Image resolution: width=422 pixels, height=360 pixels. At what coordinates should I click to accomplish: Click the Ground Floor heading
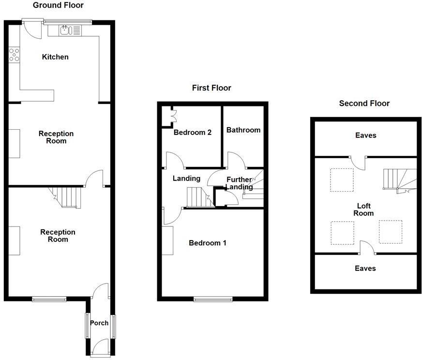(x=58, y=5)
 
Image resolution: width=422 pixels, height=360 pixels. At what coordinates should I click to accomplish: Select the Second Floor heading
(x=364, y=103)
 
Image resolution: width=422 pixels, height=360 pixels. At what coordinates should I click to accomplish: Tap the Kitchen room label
(x=55, y=57)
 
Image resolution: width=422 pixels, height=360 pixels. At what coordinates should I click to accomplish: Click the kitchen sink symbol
(x=65, y=30)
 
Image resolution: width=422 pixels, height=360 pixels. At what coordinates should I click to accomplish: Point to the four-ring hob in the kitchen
(x=14, y=55)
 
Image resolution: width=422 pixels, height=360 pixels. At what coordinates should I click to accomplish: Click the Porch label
(x=99, y=323)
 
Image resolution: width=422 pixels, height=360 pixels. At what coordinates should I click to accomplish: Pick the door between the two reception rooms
(x=94, y=179)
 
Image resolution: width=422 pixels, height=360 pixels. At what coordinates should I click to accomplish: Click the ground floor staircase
(x=67, y=197)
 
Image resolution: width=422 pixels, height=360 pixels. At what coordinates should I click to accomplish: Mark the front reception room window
(x=49, y=299)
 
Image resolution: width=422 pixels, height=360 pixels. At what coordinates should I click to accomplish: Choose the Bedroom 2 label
(x=192, y=133)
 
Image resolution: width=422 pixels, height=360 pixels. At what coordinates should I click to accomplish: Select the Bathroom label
(x=243, y=130)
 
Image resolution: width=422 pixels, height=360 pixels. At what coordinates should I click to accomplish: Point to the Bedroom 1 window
(x=212, y=299)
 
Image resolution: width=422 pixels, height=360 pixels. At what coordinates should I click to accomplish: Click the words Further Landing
(x=240, y=183)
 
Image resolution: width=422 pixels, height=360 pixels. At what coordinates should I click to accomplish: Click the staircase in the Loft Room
(x=397, y=180)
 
